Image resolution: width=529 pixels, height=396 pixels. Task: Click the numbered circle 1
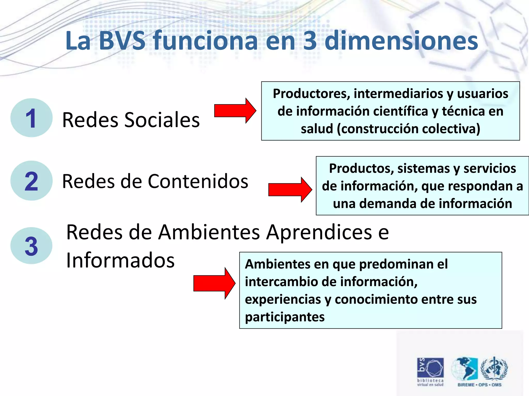click(31, 118)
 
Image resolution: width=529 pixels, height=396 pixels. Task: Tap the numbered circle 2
click(31, 181)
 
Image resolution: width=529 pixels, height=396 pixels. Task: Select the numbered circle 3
click(31, 246)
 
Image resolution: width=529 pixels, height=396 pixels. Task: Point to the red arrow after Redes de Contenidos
click(290, 190)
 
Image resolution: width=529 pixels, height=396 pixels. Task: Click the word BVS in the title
click(122, 41)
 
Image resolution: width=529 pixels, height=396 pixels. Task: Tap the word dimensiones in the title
click(401, 41)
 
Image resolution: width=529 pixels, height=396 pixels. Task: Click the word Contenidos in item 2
click(198, 181)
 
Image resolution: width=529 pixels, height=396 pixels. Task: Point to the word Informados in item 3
click(120, 260)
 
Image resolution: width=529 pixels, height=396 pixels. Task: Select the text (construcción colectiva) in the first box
click(409, 129)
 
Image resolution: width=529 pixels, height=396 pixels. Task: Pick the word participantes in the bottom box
click(285, 317)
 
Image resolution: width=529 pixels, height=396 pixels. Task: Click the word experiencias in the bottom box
click(282, 299)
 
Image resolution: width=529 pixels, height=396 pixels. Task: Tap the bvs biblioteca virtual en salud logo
click(430, 371)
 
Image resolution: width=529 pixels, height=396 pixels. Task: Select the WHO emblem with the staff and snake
click(494, 368)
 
